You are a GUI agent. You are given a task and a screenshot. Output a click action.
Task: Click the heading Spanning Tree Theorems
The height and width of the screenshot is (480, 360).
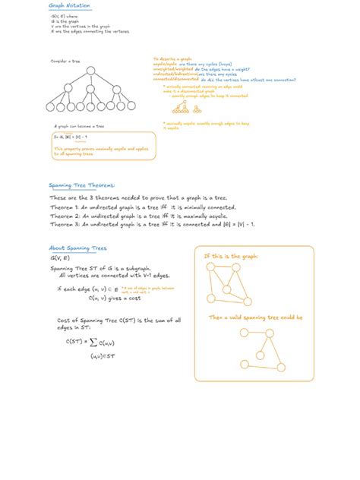[81, 185]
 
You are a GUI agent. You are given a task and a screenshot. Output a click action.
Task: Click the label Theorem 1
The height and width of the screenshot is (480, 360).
[67, 207]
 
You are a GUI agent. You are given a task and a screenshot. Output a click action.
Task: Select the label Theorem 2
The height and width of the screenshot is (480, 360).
[67, 216]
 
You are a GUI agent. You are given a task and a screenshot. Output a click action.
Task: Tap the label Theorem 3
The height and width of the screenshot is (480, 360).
[67, 225]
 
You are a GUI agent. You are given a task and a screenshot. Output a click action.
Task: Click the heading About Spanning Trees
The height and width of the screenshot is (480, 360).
[77, 248]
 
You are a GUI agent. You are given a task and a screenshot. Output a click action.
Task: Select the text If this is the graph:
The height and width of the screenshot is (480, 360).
[231, 256]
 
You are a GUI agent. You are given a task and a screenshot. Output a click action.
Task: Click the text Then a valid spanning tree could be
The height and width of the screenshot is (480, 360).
[251, 317]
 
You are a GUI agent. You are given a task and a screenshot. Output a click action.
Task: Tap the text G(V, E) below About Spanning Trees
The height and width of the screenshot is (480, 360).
[60, 258]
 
